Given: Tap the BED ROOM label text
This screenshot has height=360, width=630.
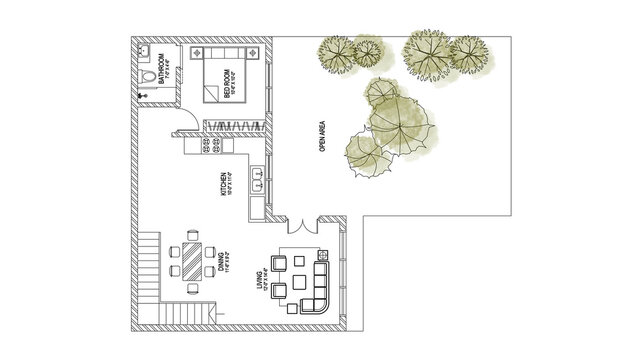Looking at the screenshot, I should (x=229, y=85).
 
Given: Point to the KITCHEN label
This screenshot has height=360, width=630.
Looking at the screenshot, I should (x=225, y=186).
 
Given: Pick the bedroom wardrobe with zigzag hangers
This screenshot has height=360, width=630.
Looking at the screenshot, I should (x=236, y=125).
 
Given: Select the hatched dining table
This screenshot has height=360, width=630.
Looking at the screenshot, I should (x=190, y=260).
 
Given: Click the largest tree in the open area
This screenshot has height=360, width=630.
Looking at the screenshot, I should (x=398, y=120).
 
